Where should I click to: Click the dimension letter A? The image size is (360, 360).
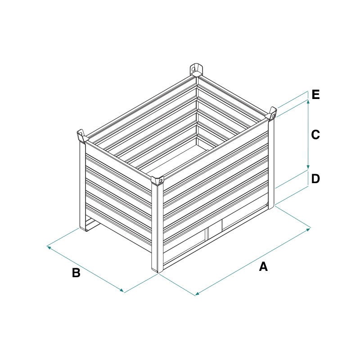click(x=263, y=266)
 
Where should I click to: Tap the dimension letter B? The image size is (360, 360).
click(x=76, y=273)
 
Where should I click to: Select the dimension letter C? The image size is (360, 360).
click(x=315, y=135)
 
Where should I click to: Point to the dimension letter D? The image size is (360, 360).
click(x=315, y=179)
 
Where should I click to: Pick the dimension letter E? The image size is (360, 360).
click(x=316, y=94)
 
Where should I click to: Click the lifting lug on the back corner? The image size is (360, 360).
click(x=196, y=70)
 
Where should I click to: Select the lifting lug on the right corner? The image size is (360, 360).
click(x=271, y=114)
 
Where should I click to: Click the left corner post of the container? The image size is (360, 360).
click(x=83, y=186)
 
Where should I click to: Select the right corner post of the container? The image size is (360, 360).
click(x=271, y=164)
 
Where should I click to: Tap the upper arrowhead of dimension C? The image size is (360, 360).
click(x=308, y=102)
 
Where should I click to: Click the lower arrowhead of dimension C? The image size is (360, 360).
click(x=308, y=167)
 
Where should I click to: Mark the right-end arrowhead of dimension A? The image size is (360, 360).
click(x=308, y=229)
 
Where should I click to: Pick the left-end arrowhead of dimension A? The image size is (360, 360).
click(x=198, y=293)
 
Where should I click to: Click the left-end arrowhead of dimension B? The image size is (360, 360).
click(x=49, y=247)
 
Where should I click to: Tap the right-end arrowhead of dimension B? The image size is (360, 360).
click(x=121, y=291)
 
